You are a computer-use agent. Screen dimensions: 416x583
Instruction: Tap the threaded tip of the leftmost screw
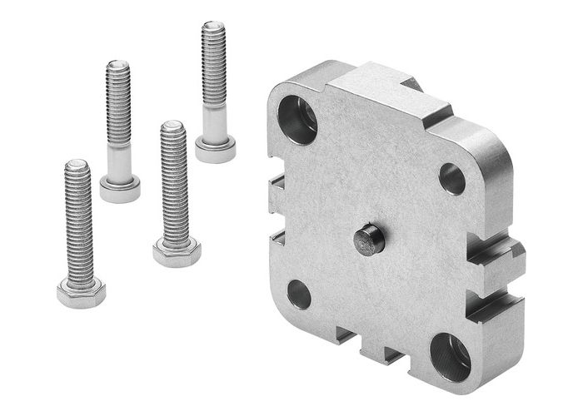coord(77,167)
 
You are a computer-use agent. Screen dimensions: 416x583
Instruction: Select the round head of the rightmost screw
coord(215,150)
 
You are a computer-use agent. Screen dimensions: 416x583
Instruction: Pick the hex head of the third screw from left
coord(177,250)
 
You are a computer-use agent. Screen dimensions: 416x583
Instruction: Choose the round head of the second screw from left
coord(120,188)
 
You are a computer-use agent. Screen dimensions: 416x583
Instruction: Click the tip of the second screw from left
coord(118,67)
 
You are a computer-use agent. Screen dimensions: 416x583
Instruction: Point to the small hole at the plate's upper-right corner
coord(452,177)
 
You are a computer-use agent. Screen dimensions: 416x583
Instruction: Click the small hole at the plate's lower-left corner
coord(299,294)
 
